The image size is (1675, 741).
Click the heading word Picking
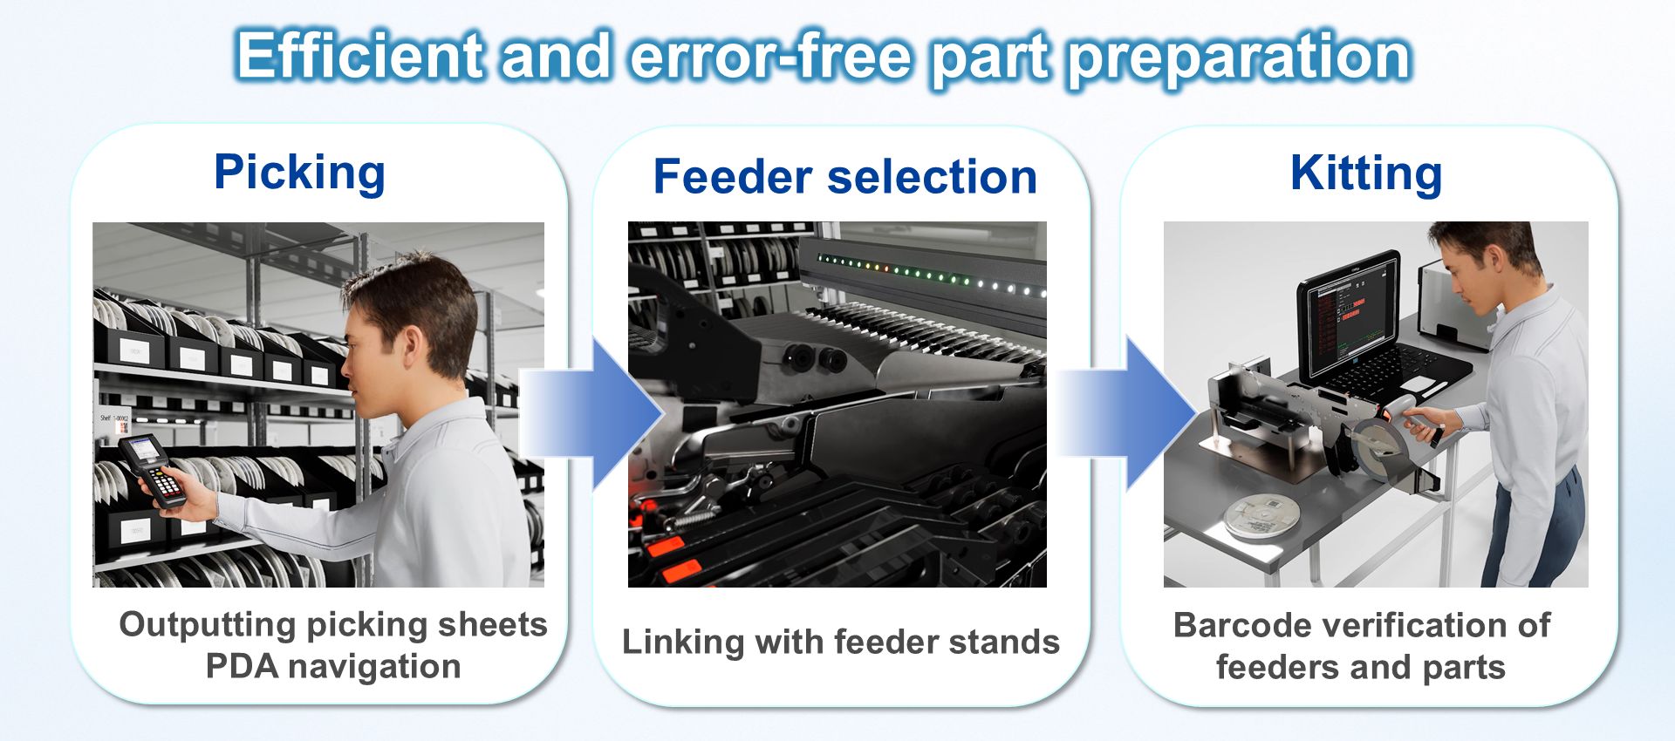[299, 172]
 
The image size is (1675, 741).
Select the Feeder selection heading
[844, 177]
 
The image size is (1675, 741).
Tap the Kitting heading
[1365, 173]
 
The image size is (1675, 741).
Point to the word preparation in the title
[1240, 58]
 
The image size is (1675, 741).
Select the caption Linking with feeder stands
[841, 642]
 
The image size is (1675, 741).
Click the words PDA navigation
[333, 667]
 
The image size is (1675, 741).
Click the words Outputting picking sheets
[333, 624]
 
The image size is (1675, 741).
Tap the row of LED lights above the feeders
[929, 275]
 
